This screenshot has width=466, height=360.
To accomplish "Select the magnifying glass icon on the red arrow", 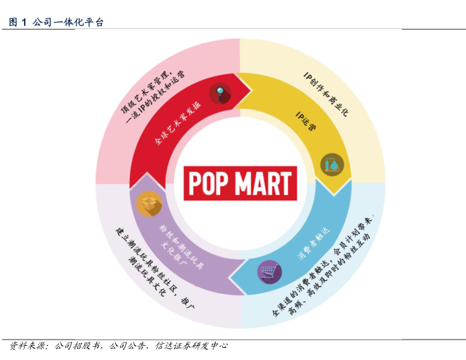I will pyautogui.click(x=221, y=91).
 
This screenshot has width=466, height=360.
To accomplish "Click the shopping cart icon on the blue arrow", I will pyautogui.click(x=267, y=271).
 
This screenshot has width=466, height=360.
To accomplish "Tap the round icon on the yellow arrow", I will pyautogui.click(x=331, y=164).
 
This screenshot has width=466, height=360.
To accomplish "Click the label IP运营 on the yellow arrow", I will pyautogui.click(x=306, y=121).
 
